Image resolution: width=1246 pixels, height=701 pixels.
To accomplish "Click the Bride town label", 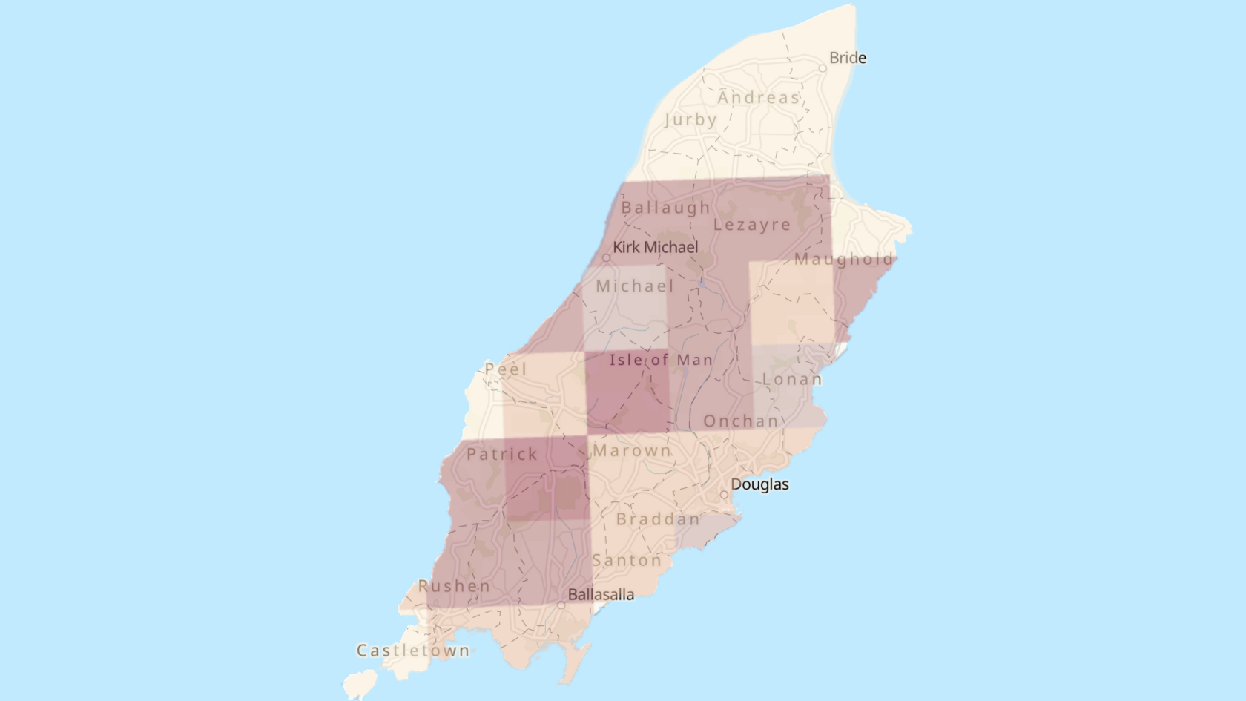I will pyautogui.click(x=847, y=58).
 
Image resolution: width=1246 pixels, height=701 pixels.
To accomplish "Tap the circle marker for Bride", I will pyautogui.click(x=823, y=68).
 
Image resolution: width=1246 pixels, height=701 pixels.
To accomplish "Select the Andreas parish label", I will pyautogui.click(x=758, y=98).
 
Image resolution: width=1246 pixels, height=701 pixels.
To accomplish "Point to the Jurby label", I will pyautogui.click(x=690, y=119).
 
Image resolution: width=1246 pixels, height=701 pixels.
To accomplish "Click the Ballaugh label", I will pyautogui.click(x=665, y=208).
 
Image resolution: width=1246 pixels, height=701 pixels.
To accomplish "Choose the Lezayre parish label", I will pyautogui.click(x=752, y=225).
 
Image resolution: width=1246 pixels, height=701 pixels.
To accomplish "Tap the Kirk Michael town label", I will pyautogui.click(x=655, y=247).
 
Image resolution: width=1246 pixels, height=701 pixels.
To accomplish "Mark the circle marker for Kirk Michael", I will pyautogui.click(x=606, y=258).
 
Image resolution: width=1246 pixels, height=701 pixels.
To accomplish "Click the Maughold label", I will pyautogui.click(x=844, y=260).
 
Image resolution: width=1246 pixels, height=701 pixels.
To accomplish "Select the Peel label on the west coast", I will pyautogui.click(x=506, y=369).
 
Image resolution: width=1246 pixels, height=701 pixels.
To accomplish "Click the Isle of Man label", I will pyautogui.click(x=661, y=360).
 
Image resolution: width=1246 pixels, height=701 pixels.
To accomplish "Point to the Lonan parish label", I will pyautogui.click(x=792, y=379).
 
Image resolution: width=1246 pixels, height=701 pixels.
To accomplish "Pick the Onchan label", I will pyautogui.click(x=741, y=421).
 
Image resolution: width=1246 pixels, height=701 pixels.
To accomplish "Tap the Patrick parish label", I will pyautogui.click(x=502, y=454).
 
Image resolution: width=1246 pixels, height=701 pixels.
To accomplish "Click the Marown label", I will pyautogui.click(x=631, y=450).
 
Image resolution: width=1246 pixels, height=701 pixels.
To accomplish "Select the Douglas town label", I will pyautogui.click(x=759, y=484).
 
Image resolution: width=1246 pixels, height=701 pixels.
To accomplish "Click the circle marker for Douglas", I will pyautogui.click(x=724, y=495).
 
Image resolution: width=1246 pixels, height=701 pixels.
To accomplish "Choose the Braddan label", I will pyautogui.click(x=658, y=519).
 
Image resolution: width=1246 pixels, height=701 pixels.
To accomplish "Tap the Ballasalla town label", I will pyautogui.click(x=601, y=594).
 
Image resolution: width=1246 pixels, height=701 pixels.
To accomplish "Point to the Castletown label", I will pyautogui.click(x=413, y=651).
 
